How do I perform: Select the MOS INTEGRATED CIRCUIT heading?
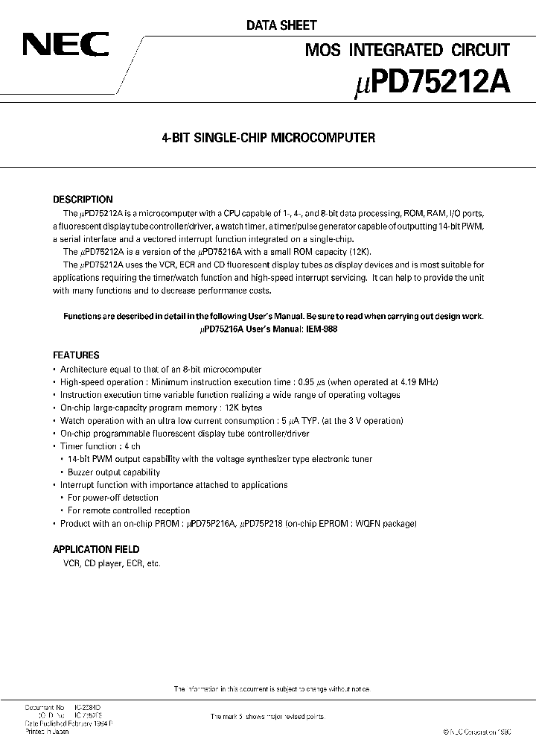point(408,50)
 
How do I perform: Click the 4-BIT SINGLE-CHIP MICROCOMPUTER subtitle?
point(268,138)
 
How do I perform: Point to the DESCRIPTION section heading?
point(83,200)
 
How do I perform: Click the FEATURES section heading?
point(76,355)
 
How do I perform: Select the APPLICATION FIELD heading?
point(95,550)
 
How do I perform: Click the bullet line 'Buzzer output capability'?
point(113,472)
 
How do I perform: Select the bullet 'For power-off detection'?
point(112,498)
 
